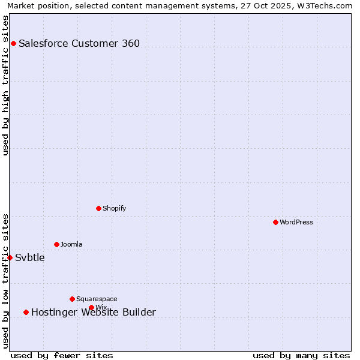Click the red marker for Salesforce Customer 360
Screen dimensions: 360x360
coord(13,43)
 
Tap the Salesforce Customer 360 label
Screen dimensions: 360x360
coord(79,43)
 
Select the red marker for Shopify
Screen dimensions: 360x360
coord(98,208)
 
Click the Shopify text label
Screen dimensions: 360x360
coord(114,208)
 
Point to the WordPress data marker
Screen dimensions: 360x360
coord(275,222)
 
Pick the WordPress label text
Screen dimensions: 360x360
coord(296,222)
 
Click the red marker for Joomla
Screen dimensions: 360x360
coord(56,244)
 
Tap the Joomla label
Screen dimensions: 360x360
coord(71,244)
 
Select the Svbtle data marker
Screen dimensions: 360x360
coord(10,257)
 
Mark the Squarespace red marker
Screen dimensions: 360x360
coord(72,299)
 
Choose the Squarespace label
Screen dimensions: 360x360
coord(97,299)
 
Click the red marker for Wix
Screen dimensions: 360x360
coord(91,307)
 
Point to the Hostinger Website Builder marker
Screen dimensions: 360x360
coord(26,312)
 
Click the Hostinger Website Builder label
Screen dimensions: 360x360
coord(93,312)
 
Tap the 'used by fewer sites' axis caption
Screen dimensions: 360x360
coord(62,355)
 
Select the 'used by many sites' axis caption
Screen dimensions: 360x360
coord(301,355)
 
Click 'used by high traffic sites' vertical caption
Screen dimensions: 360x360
coord(6,85)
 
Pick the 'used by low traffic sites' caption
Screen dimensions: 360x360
coord(6,281)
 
